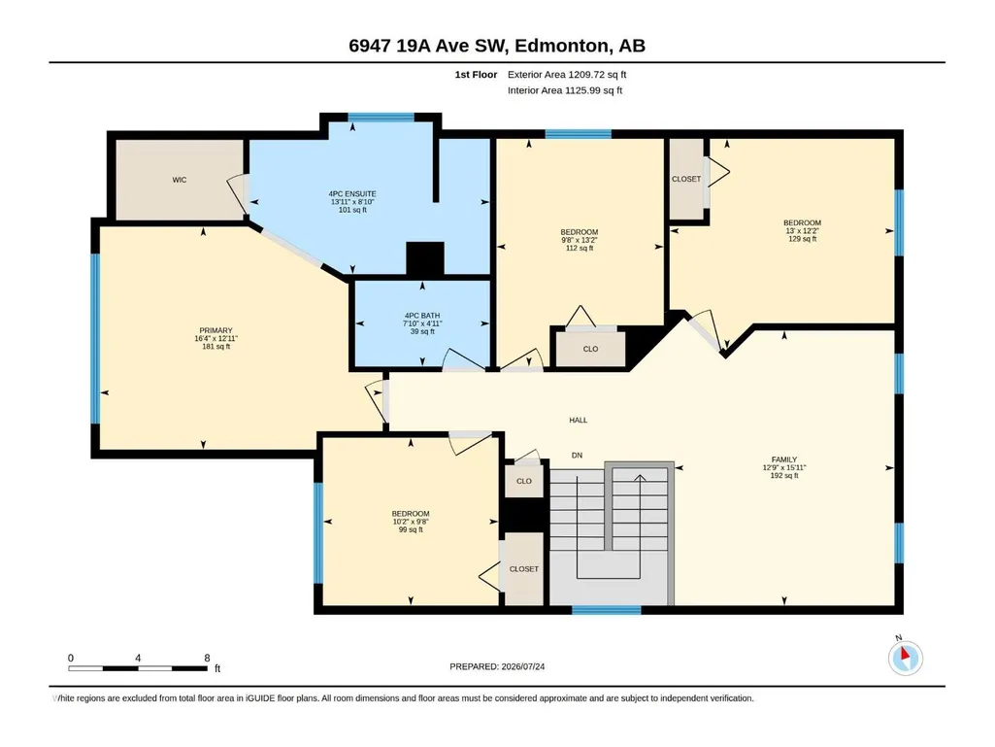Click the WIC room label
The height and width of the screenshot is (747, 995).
point(180,180)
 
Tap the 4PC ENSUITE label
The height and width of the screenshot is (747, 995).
point(352,193)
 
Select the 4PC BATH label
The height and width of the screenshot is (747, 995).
point(422,315)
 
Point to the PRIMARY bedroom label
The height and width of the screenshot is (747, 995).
point(216,330)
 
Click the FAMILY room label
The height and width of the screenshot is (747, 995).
point(784,459)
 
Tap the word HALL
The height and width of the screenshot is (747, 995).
point(579,420)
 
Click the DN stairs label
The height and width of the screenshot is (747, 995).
point(577,455)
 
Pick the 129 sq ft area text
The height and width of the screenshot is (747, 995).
point(802,239)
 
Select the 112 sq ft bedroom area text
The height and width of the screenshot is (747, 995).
point(580,248)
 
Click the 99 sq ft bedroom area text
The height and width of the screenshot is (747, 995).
point(411,529)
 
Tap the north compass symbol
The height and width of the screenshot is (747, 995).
point(905,658)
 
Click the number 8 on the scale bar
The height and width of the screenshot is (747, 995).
point(207,658)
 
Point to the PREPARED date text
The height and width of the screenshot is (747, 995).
point(497,666)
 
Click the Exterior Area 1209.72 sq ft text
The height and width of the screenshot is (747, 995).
point(567,75)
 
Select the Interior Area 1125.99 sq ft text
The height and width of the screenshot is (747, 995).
point(565,90)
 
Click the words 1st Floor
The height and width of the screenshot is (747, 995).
point(476,75)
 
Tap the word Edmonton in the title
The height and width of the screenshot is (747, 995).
point(561,46)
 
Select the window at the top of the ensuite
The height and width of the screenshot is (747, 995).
point(381,117)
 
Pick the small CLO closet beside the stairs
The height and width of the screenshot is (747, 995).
point(524,481)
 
